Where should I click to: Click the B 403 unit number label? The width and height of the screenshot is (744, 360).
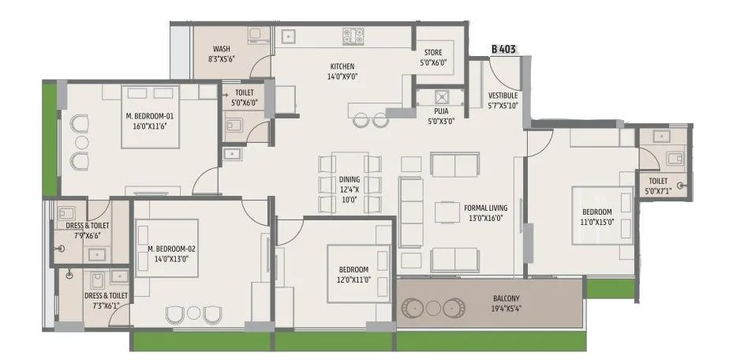click(x=505, y=48)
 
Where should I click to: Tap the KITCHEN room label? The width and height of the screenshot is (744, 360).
click(x=342, y=66)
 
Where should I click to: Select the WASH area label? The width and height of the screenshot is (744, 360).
click(x=221, y=49)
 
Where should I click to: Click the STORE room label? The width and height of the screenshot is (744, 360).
click(x=434, y=53)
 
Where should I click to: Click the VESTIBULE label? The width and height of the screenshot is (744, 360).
click(x=503, y=95)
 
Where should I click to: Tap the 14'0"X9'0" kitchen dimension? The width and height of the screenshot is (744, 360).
click(x=342, y=77)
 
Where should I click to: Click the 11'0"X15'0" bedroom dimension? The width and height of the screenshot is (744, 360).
click(x=597, y=222)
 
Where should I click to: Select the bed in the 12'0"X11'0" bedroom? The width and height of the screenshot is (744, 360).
click(x=359, y=272)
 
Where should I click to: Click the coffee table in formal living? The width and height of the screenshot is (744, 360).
click(x=447, y=213)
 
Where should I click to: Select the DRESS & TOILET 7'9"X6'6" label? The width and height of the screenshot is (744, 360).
click(x=88, y=230)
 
